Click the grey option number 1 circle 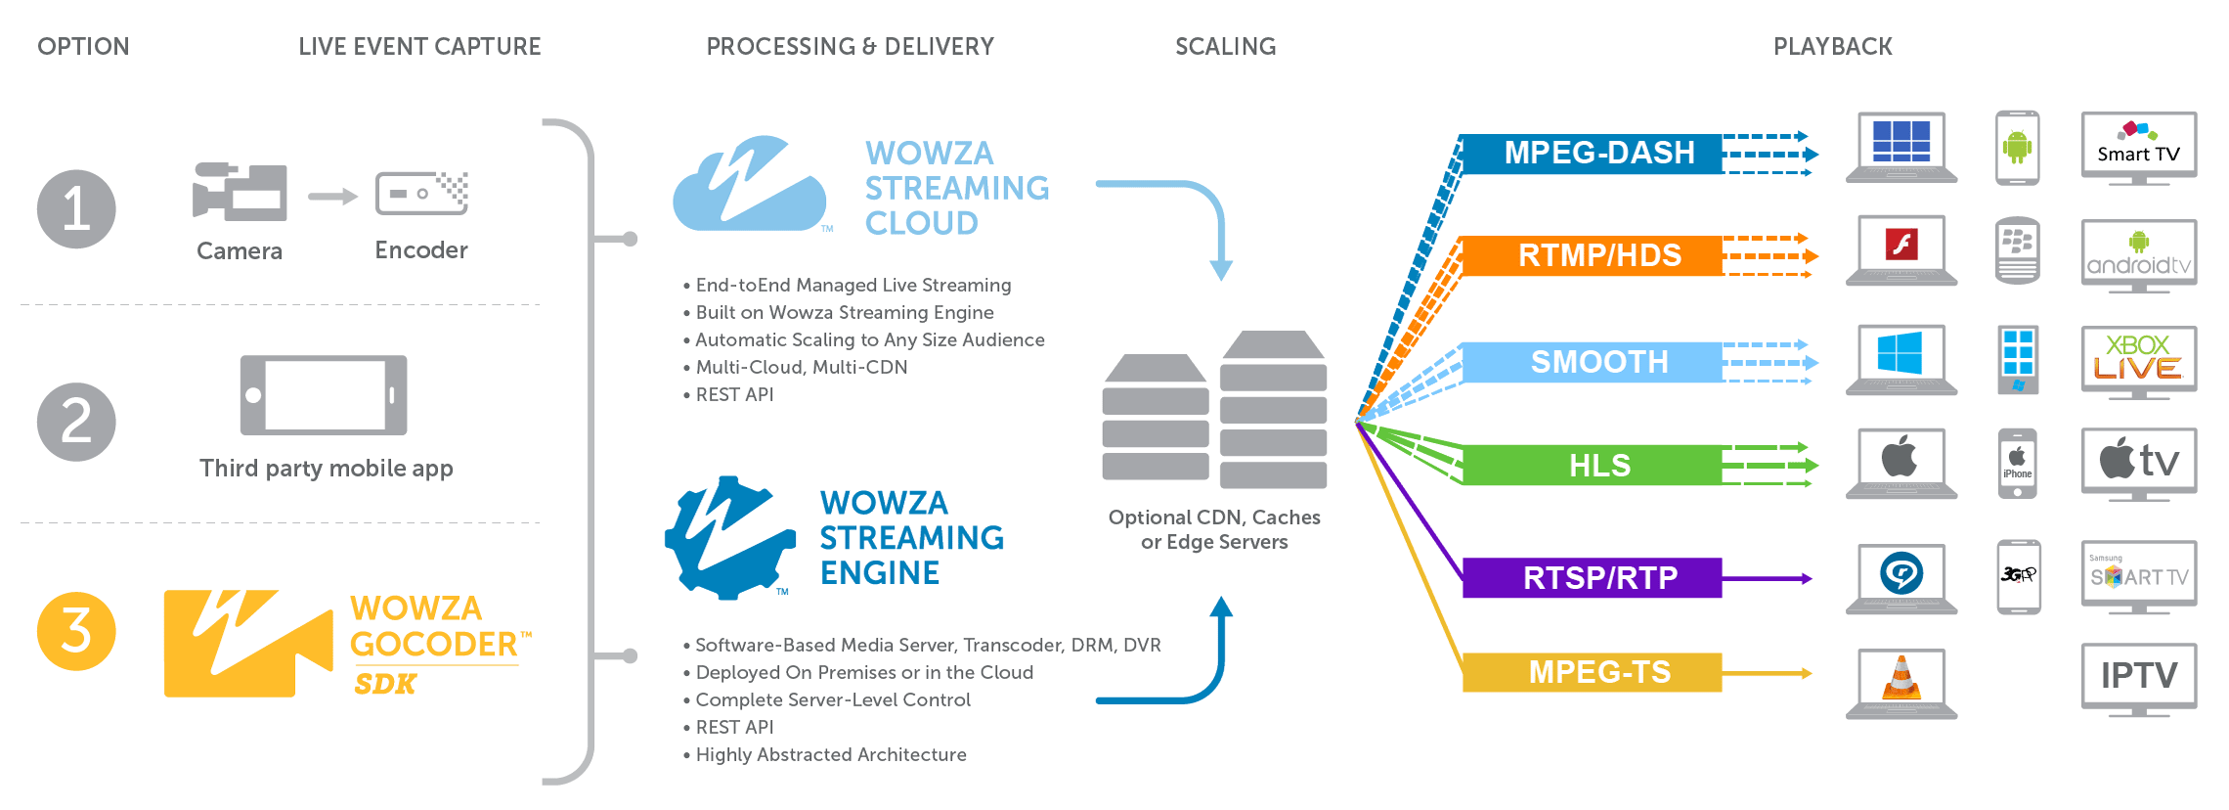(76, 208)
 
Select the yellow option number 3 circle (76, 631)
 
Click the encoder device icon (421, 193)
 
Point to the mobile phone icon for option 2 (324, 395)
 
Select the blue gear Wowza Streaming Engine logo (729, 537)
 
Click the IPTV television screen (2139, 675)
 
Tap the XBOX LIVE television (2139, 358)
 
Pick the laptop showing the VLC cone (1901, 677)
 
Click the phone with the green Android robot (2017, 147)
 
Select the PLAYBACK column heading (1832, 46)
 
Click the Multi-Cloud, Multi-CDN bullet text (802, 367)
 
